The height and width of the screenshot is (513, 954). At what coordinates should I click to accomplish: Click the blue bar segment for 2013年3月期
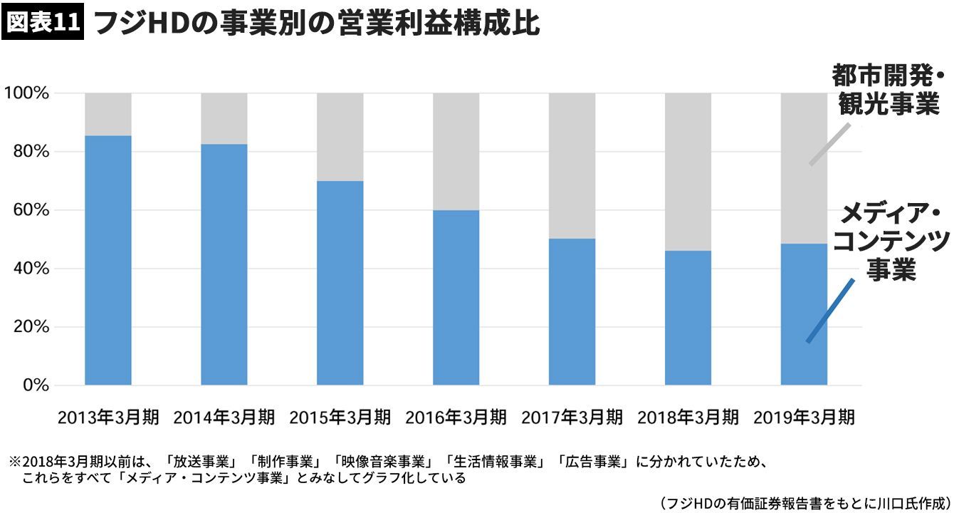(108, 260)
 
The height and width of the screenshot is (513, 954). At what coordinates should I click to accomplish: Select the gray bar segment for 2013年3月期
(108, 114)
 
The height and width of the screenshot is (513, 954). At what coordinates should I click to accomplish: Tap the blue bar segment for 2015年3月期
(340, 283)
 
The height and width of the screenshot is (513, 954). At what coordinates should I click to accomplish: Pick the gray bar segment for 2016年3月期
(456, 151)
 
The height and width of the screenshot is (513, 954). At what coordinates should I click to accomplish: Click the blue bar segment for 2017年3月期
(572, 311)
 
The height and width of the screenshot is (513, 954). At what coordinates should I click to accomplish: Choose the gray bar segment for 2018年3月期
(688, 171)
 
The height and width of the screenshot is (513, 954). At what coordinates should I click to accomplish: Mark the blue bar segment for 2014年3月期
(224, 264)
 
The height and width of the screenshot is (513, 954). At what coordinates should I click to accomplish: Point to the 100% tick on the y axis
(26, 93)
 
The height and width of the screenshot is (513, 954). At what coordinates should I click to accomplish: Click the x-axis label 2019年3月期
(804, 417)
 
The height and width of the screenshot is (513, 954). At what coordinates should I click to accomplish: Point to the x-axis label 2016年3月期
(456, 417)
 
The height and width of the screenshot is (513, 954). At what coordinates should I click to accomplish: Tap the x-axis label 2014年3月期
(224, 417)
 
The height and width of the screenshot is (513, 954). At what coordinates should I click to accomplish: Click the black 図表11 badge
(43, 23)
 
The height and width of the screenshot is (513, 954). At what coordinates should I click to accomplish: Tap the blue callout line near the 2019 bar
(830, 311)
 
